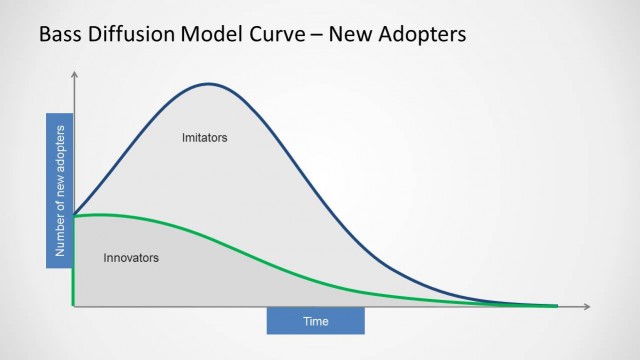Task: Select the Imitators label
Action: [205, 137]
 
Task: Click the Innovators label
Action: [131, 258]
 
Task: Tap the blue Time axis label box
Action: [315, 321]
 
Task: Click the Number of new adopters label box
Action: [59, 191]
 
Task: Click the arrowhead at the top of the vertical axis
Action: [73, 73]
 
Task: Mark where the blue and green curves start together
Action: [74, 215]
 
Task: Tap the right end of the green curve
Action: [556, 305]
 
